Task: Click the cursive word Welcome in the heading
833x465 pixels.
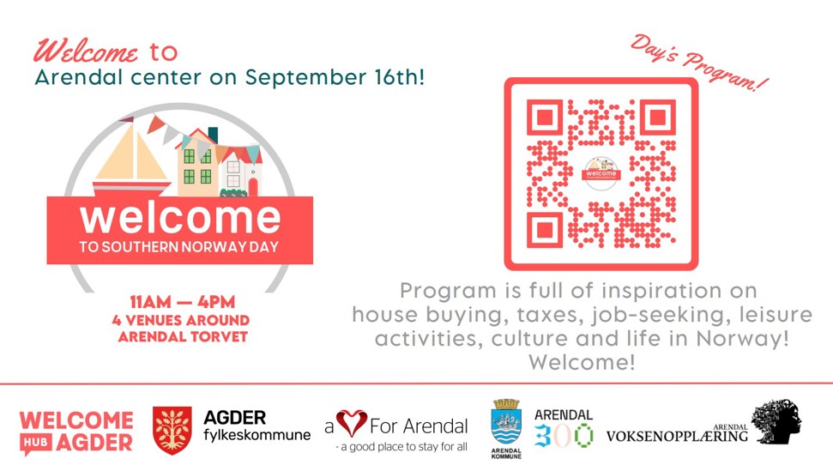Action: tap(86, 51)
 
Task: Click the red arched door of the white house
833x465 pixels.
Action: tap(253, 187)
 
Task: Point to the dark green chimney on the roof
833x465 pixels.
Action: tap(213, 135)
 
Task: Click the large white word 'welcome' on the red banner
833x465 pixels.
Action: tap(180, 218)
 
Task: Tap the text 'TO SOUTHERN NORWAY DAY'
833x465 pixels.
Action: tap(179, 247)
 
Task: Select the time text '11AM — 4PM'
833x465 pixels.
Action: tap(182, 302)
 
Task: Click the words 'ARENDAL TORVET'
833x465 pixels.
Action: tap(183, 337)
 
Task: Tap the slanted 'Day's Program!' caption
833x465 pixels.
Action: tap(699, 62)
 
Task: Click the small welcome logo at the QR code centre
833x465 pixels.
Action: tap(601, 173)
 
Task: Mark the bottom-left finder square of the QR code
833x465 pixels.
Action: tap(545, 230)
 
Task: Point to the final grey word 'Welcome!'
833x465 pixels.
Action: tap(582, 362)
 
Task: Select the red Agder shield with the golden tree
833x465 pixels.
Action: tap(172, 430)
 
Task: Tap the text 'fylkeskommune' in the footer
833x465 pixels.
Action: tap(257, 435)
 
